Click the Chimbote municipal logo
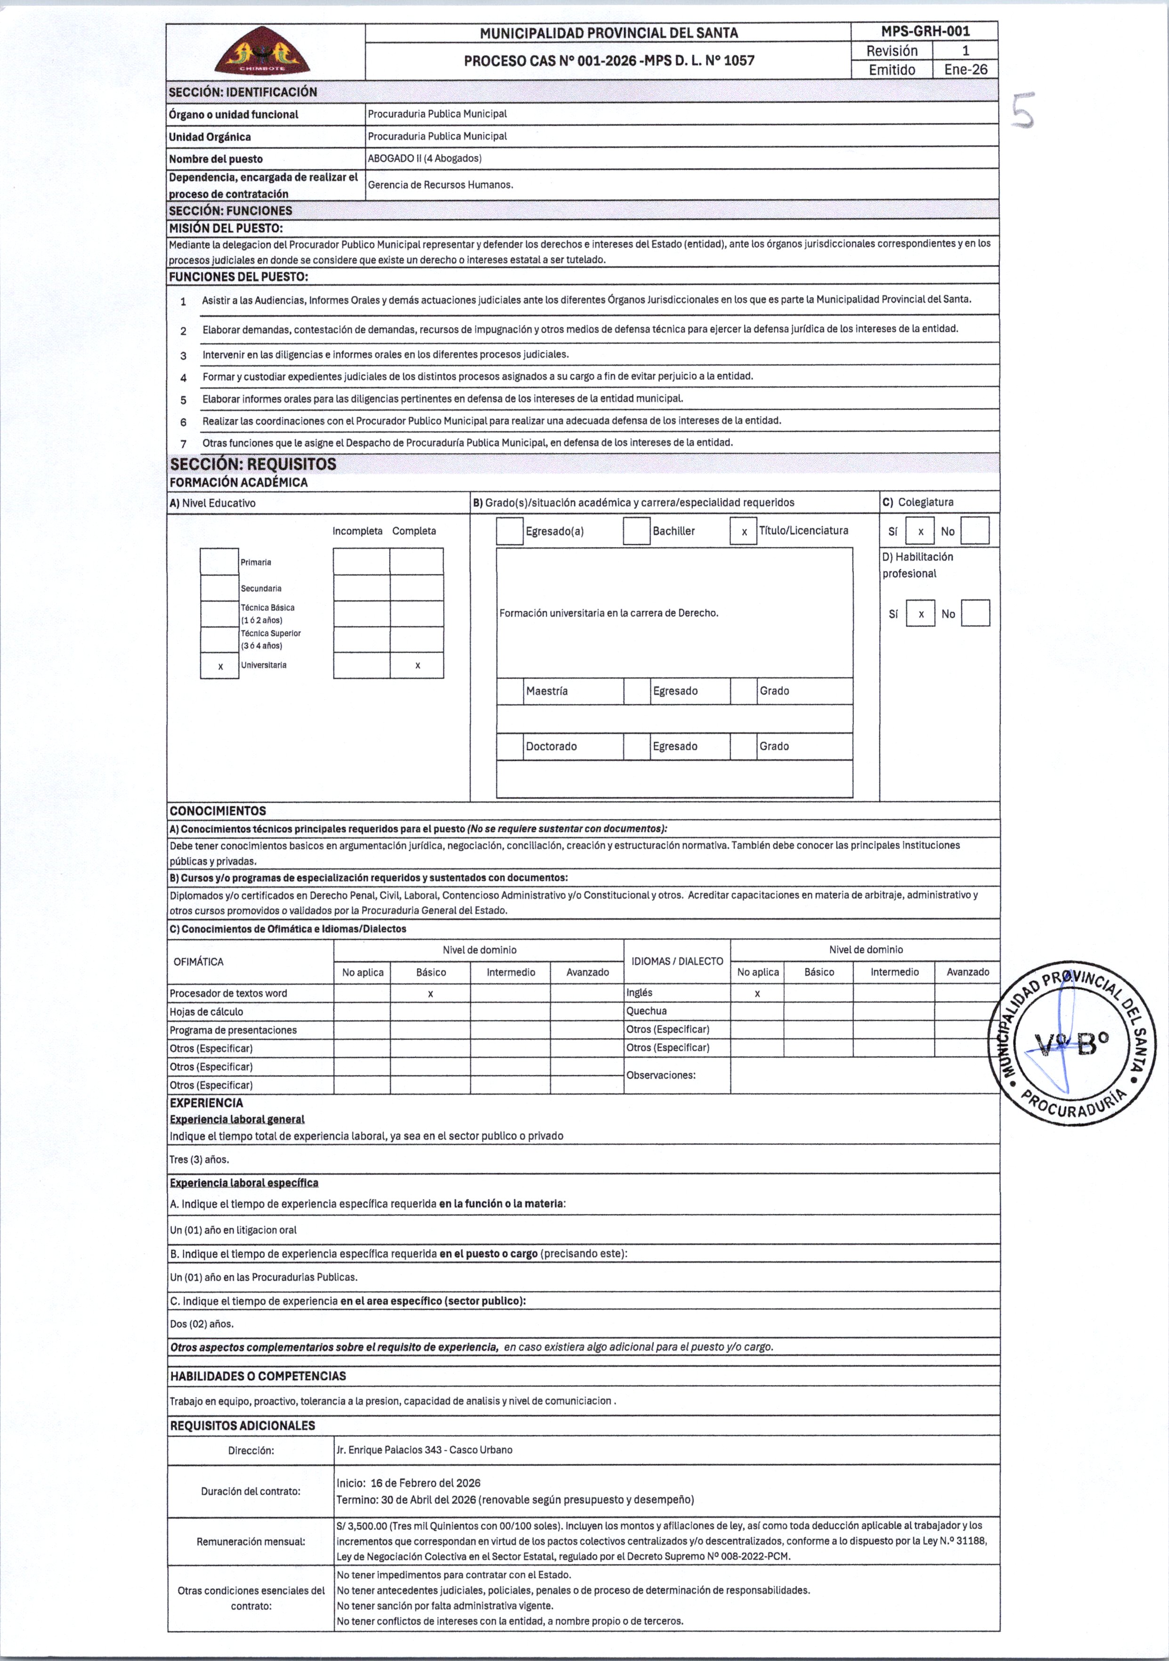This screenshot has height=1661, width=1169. pyautogui.click(x=262, y=51)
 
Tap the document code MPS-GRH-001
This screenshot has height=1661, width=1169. pyautogui.click(x=925, y=31)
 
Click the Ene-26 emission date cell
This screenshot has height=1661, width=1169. pyautogui.click(x=965, y=70)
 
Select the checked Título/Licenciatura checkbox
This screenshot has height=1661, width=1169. pyautogui.click(x=743, y=532)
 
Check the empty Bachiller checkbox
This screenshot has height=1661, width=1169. pyautogui.click(x=636, y=532)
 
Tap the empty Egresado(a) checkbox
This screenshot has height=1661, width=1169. pyautogui.click(x=510, y=532)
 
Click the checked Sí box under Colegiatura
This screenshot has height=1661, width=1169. pyautogui.click(x=920, y=532)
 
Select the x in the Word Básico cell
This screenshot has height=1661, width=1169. pyautogui.click(x=430, y=994)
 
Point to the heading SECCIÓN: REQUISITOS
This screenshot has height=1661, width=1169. pyautogui.click(x=253, y=464)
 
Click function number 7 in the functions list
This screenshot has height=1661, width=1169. pyautogui.click(x=184, y=443)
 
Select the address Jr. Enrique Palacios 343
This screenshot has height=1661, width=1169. pyautogui.click(x=423, y=1450)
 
